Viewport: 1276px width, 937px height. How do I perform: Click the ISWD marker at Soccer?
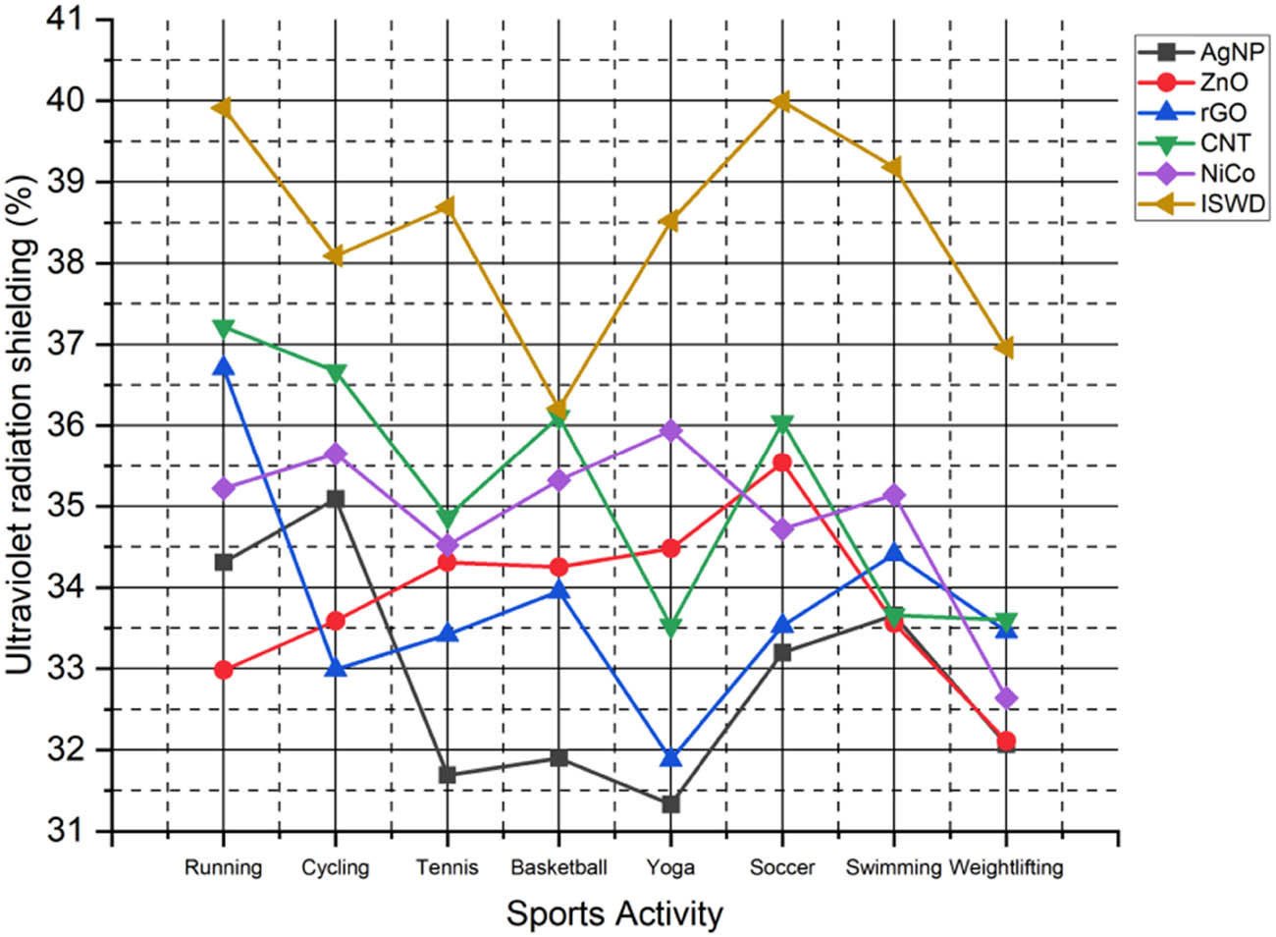tap(781, 101)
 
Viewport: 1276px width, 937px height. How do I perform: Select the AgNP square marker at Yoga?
tap(670, 804)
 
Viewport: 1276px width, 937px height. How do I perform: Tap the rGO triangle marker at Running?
tap(224, 367)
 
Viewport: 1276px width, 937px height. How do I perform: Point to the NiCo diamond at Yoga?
tap(670, 430)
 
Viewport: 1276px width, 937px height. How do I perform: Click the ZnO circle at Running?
tap(224, 670)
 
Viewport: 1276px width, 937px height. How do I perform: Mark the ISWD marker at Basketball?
tap(558, 411)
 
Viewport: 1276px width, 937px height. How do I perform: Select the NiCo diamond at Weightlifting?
tap(1005, 699)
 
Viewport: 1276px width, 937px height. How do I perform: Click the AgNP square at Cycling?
tap(336, 499)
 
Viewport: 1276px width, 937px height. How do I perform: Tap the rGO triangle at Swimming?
tap(893, 553)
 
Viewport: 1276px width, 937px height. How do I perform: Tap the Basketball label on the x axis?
tap(558, 867)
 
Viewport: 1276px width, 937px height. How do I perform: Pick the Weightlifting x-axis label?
tap(1005, 867)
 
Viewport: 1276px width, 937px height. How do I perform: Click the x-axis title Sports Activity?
tap(614, 914)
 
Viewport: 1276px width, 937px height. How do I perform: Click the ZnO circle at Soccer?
tap(781, 462)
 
